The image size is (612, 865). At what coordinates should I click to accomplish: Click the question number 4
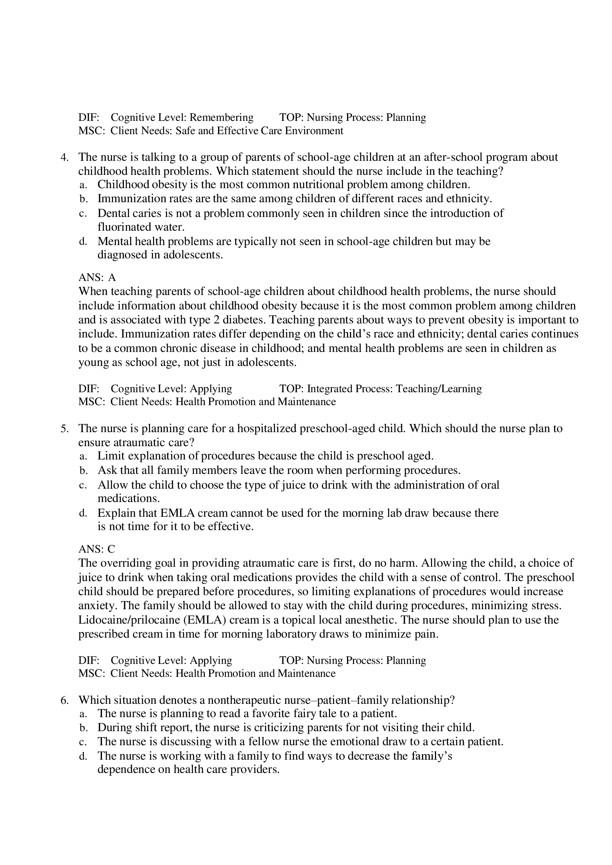pos(64,157)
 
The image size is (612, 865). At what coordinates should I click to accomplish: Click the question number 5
pos(64,428)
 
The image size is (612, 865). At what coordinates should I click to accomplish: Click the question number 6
pos(64,700)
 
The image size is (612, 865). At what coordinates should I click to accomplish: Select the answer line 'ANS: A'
pos(97,277)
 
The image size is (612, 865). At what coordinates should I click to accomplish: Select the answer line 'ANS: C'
pos(97,549)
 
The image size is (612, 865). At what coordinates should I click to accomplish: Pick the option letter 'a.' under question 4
pos(83,185)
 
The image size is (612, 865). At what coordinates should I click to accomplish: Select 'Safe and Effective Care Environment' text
pos(259,131)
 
